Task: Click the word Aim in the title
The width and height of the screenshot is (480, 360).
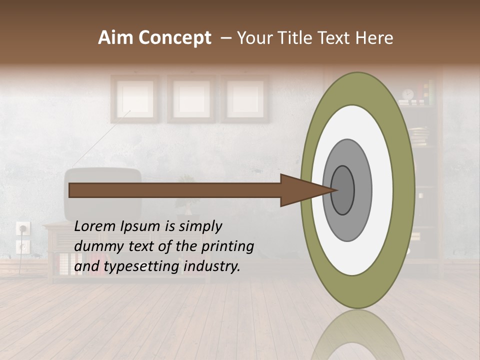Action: pos(116,38)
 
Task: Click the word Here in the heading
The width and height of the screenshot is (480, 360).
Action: pos(375,38)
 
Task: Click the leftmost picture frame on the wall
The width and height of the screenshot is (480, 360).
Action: pos(135,98)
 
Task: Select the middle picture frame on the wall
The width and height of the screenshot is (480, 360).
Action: pos(191,98)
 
